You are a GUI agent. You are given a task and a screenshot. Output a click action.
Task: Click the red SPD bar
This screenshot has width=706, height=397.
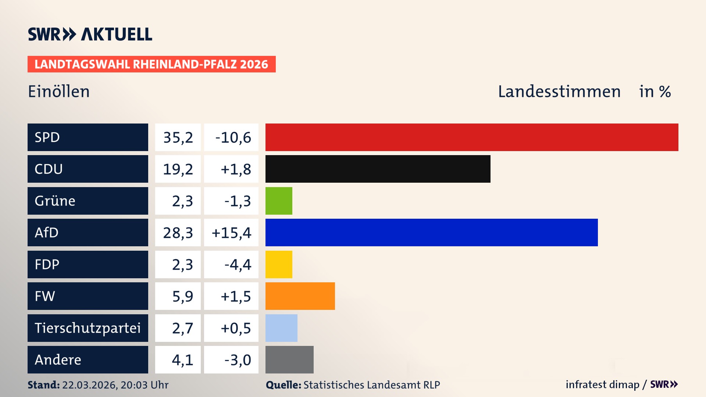tap(472, 137)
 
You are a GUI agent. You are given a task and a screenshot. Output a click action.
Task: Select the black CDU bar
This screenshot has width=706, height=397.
tap(378, 169)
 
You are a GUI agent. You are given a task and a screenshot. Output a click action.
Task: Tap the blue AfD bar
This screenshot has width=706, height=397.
tap(431, 232)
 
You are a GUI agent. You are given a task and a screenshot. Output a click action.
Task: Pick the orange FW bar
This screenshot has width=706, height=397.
tap(300, 296)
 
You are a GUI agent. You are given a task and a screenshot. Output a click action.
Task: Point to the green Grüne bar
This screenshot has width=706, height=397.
tap(279, 201)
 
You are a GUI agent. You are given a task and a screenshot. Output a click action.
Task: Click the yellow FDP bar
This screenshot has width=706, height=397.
tap(279, 264)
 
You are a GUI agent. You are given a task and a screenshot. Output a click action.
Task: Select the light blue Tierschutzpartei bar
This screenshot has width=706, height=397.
tap(281, 328)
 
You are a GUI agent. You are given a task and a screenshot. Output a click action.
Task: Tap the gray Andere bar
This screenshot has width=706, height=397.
tap(289, 360)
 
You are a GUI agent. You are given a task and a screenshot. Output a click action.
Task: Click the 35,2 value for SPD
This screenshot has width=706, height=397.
tap(178, 137)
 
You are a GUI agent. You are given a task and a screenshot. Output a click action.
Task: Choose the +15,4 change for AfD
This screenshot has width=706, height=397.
tap(231, 233)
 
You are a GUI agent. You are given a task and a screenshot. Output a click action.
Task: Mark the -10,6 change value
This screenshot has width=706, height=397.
tap(233, 137)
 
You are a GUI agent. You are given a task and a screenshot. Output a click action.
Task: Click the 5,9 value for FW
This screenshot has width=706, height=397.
tap(182, 296)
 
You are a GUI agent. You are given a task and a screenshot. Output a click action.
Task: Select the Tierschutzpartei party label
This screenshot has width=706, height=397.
tap(88, 328)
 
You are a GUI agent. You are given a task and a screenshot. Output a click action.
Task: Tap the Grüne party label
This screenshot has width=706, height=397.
tap(55, 201)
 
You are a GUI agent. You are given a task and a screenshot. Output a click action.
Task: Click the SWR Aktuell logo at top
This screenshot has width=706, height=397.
tap(90, 34)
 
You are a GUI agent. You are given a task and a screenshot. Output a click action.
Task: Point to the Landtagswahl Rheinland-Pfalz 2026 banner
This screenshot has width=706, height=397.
tap(151, 64)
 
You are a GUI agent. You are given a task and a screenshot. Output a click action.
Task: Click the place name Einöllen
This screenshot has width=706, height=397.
tap(59, 92)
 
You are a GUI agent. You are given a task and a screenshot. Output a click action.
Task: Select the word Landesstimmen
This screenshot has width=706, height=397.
tap(559, 92)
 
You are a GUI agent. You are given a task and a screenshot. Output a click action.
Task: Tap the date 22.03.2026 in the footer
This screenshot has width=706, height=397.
tap(89, 385)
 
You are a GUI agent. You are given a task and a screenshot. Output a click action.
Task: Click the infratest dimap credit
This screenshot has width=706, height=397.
tap(602, 385)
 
